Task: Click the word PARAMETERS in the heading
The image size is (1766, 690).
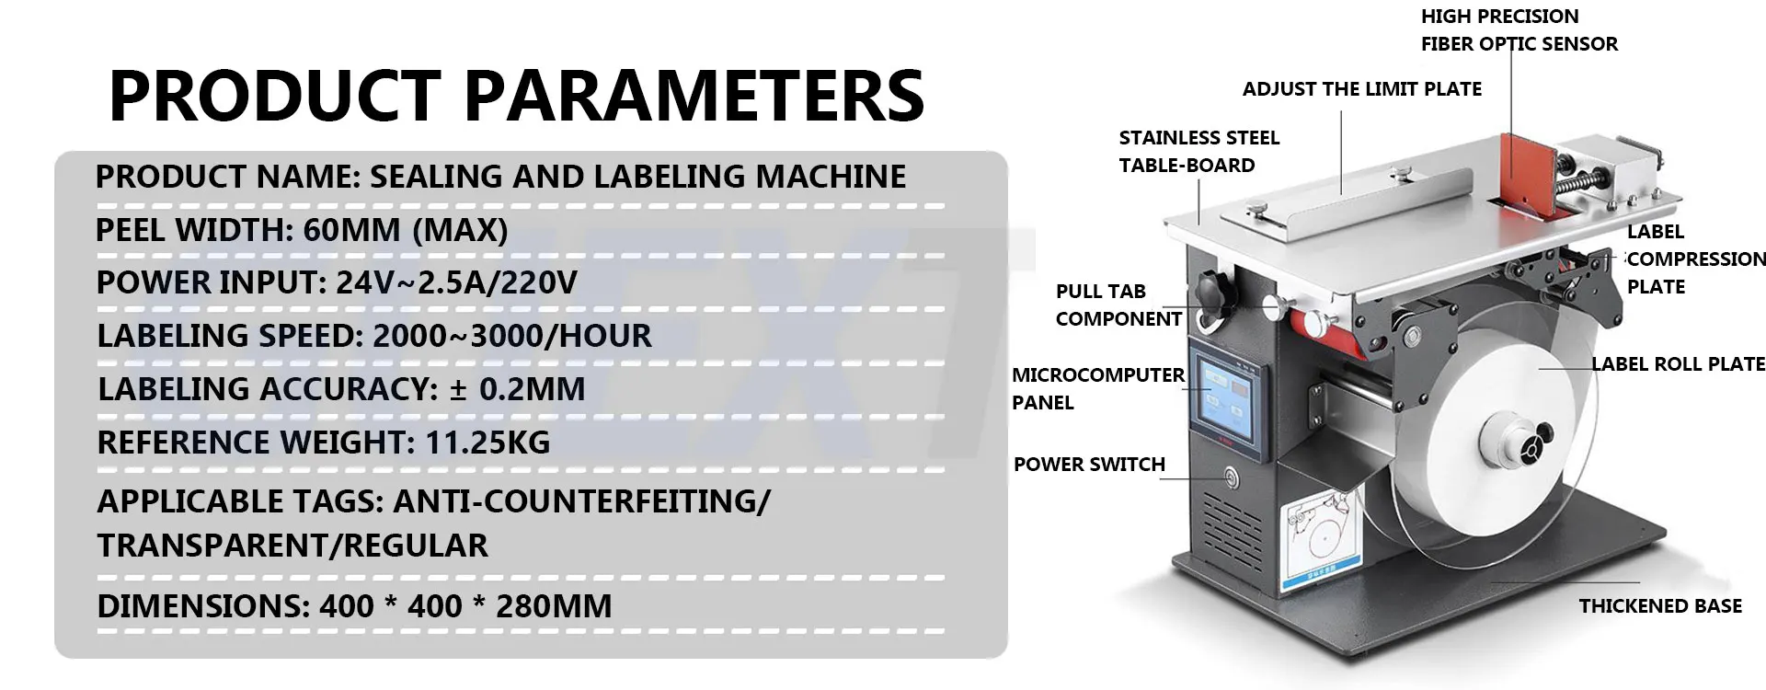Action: [694, 95]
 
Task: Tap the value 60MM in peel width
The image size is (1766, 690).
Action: [351, 230]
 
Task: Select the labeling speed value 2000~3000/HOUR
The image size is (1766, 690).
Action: [512, 336]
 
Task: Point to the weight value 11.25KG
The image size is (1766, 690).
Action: [487, 443]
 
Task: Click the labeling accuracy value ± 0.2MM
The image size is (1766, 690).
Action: [517, 389]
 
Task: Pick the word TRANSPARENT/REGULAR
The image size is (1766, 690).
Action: [292, 546]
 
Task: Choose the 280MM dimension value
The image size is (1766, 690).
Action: [554, 606]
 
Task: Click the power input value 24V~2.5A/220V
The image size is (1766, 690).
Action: [456, 282]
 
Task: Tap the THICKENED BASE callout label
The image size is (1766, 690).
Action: [1660, 606]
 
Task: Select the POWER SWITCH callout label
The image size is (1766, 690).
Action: [1089, 465]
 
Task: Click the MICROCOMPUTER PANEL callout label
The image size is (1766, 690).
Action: [1097, 388]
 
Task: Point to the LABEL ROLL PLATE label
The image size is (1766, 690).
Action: [1679, 364]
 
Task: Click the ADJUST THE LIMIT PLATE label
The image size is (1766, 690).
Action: [1362, 89]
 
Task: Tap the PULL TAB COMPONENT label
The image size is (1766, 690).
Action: [1118, 305]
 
